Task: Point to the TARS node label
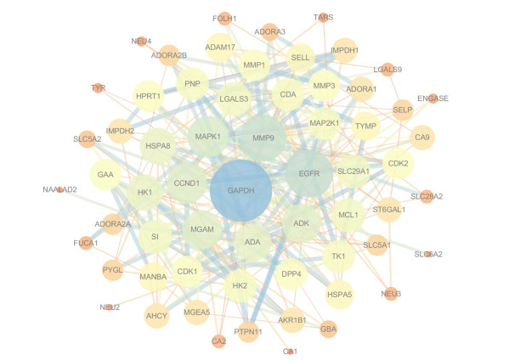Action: (x=323, y=17)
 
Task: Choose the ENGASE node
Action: (x=433, y=98)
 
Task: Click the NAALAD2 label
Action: (x=59, y=189)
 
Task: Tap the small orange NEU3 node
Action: (x=391, y=294)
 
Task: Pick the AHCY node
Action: (x=157, y=316)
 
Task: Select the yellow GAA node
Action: (x=105, y=174)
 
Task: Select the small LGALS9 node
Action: (x=388, y=70)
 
